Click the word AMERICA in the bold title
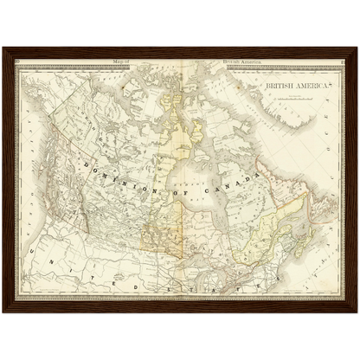point(304,88)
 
